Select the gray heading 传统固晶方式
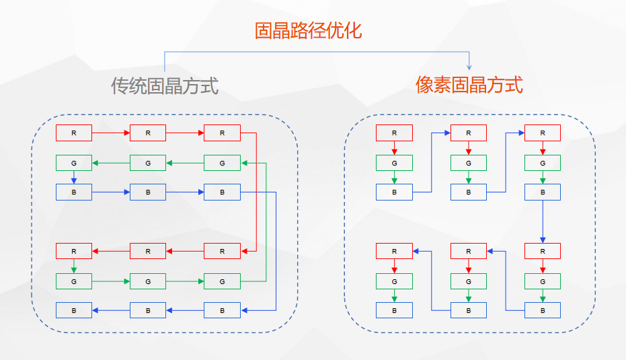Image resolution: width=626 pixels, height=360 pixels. click(x=165, y=86)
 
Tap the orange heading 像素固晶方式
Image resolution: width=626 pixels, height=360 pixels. click(x=469, y=85)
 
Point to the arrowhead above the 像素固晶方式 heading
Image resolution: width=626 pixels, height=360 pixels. click(x=469, y=67)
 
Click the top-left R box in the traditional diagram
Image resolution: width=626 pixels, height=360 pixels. click(x=73, y=133)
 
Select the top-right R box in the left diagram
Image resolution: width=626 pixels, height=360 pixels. click(x=222, y=133)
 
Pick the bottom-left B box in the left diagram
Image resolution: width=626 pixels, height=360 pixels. click(x=73, y=310)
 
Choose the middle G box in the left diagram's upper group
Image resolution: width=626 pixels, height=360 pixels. click(x=148, y=163)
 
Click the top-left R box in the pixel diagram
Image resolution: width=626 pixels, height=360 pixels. click(x=394, y=133)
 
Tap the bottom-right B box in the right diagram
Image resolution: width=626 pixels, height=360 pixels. click(x=543, y=310)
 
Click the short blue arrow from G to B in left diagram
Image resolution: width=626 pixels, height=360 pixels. click(x=74, y=178)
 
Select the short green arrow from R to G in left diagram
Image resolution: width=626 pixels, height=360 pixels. click(x=74, y=266)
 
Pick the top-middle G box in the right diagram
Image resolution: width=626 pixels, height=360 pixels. click(x=469, y=163)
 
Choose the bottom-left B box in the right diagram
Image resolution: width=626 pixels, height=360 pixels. click(x=394, y=310)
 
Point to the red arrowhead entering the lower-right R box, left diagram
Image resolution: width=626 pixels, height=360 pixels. click(x=244, y=251)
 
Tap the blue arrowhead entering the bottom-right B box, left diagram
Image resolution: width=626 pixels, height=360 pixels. click(x=244, y=310)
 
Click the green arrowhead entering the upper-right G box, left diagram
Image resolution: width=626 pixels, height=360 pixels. click(x=244, y=163)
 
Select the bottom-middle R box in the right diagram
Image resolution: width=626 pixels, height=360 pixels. click(x=469, y=251)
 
